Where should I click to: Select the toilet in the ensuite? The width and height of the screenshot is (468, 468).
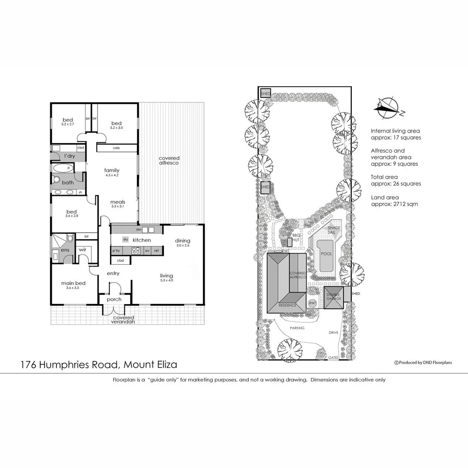coord(69,239)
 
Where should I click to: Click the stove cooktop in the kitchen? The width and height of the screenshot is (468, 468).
coord(136,250)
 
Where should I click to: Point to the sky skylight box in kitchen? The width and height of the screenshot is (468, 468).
coord(126,239)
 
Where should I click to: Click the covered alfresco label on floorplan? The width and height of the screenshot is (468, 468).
coord(169,160)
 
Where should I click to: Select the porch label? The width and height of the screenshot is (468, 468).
coord(114,299)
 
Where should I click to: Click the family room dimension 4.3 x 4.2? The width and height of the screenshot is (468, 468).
coord(111,175)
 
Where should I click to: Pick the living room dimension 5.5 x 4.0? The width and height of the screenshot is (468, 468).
coord(166,280)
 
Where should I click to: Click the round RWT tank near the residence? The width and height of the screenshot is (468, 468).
coord(312,303)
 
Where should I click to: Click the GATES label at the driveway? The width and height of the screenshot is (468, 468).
coord(334,358)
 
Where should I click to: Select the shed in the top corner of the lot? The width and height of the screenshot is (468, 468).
coord(265,94)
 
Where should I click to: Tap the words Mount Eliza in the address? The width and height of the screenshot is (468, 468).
coord(150,364)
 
